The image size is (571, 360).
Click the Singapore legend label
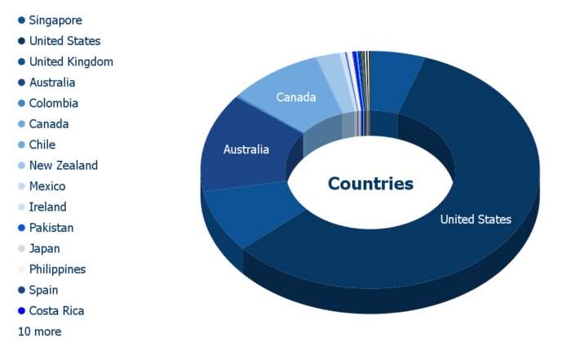pyautogui.click(x=55, y=20)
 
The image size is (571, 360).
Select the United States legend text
pyautogui.click(x=64, y=41)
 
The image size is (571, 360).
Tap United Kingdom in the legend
pyautogui.click(x=71, y=61)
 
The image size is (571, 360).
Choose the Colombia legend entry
pyautogui.click(x=54, y=103)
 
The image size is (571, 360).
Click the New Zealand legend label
pyautogui.click(x=64, y=166)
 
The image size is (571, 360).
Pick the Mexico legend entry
pyautogui.click(x=47, y=186)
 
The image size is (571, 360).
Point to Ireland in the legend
pyautogui.click(x=47, y=207)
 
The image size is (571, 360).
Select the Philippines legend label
pyautogui.click(x=58, y=269)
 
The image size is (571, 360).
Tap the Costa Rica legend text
pyautogui.click(x=56, y=311)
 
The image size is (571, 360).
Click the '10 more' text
pyautogui.click(x=40, y=331)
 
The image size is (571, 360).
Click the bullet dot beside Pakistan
pyautogui.click(x=21, y=228)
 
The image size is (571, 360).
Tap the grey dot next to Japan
pyautogui.click(x=21, y=248)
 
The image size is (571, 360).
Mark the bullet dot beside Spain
pyautogui.click(x=21, y=290)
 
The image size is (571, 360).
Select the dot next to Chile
pyautogui.click(x=21, y=144)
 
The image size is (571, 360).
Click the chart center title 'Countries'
pyautogui.click(x=370, y=184)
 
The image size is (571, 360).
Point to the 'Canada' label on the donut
pyautogui.click(x=296, y=97)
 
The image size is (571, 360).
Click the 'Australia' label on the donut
pyautogui.click(x=246, y=149)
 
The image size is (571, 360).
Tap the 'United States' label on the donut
pyautogui.click(x=476, y=220)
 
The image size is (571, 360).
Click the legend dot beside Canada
pyautogui.click(x=21, y=124)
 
